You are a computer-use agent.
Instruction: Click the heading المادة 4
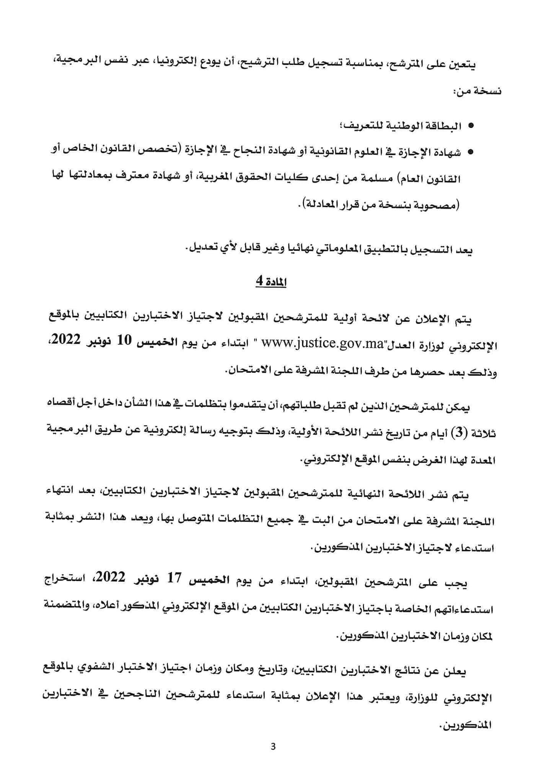click(x=271, y=282)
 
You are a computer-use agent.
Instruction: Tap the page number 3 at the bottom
click(x=273, y=746)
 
